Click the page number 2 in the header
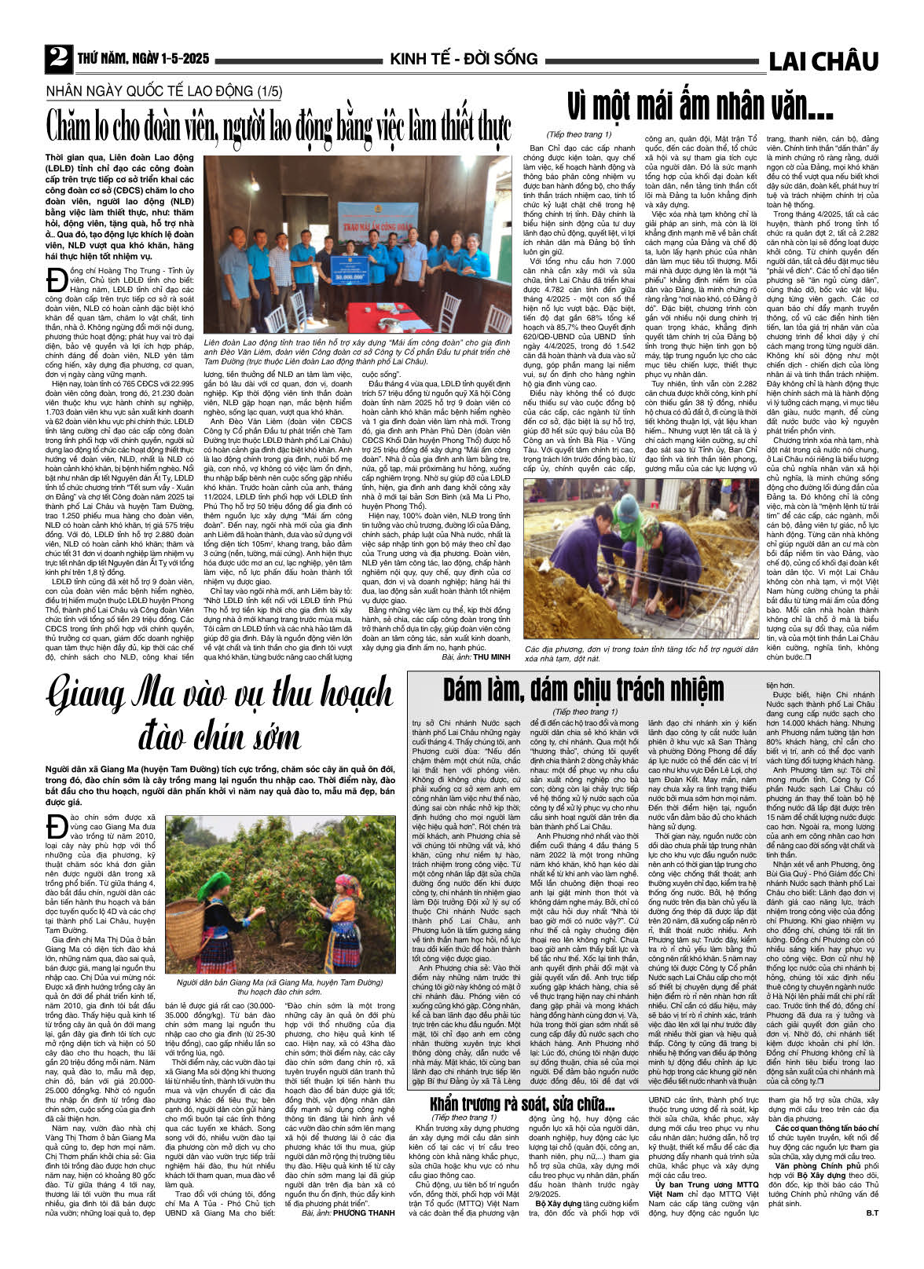click(x=57, y=58)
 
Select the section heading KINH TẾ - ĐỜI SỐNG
click(x=464, y=59)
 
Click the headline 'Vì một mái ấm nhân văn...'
click(x=699, y=107)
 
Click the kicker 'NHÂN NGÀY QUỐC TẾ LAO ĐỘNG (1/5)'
click(x=163, y=91)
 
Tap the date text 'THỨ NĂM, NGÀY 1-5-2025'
click(x=143, y=59)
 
